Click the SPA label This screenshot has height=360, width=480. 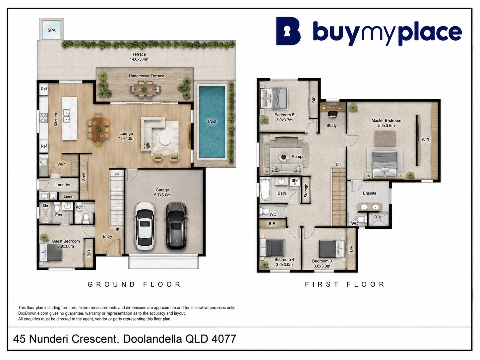[51, 30]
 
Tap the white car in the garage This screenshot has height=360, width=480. [145, 226]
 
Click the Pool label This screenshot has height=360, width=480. [212, 121]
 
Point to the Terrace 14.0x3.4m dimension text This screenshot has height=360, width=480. [139, 59]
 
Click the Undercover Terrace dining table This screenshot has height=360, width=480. [145, 89]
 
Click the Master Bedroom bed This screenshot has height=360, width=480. [385, 164]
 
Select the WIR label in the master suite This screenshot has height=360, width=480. [425, 140]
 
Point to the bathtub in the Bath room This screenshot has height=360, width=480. [265, 190]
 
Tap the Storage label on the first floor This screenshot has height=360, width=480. [306, 191]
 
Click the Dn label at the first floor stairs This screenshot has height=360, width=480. [338, 164]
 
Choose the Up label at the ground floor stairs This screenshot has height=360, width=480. [117, 229]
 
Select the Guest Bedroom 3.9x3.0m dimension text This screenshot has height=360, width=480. [66, 246]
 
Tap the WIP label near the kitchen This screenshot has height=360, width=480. [61, 164]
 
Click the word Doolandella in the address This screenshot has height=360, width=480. [152, 339]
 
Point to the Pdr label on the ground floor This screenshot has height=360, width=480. [79, 208]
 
